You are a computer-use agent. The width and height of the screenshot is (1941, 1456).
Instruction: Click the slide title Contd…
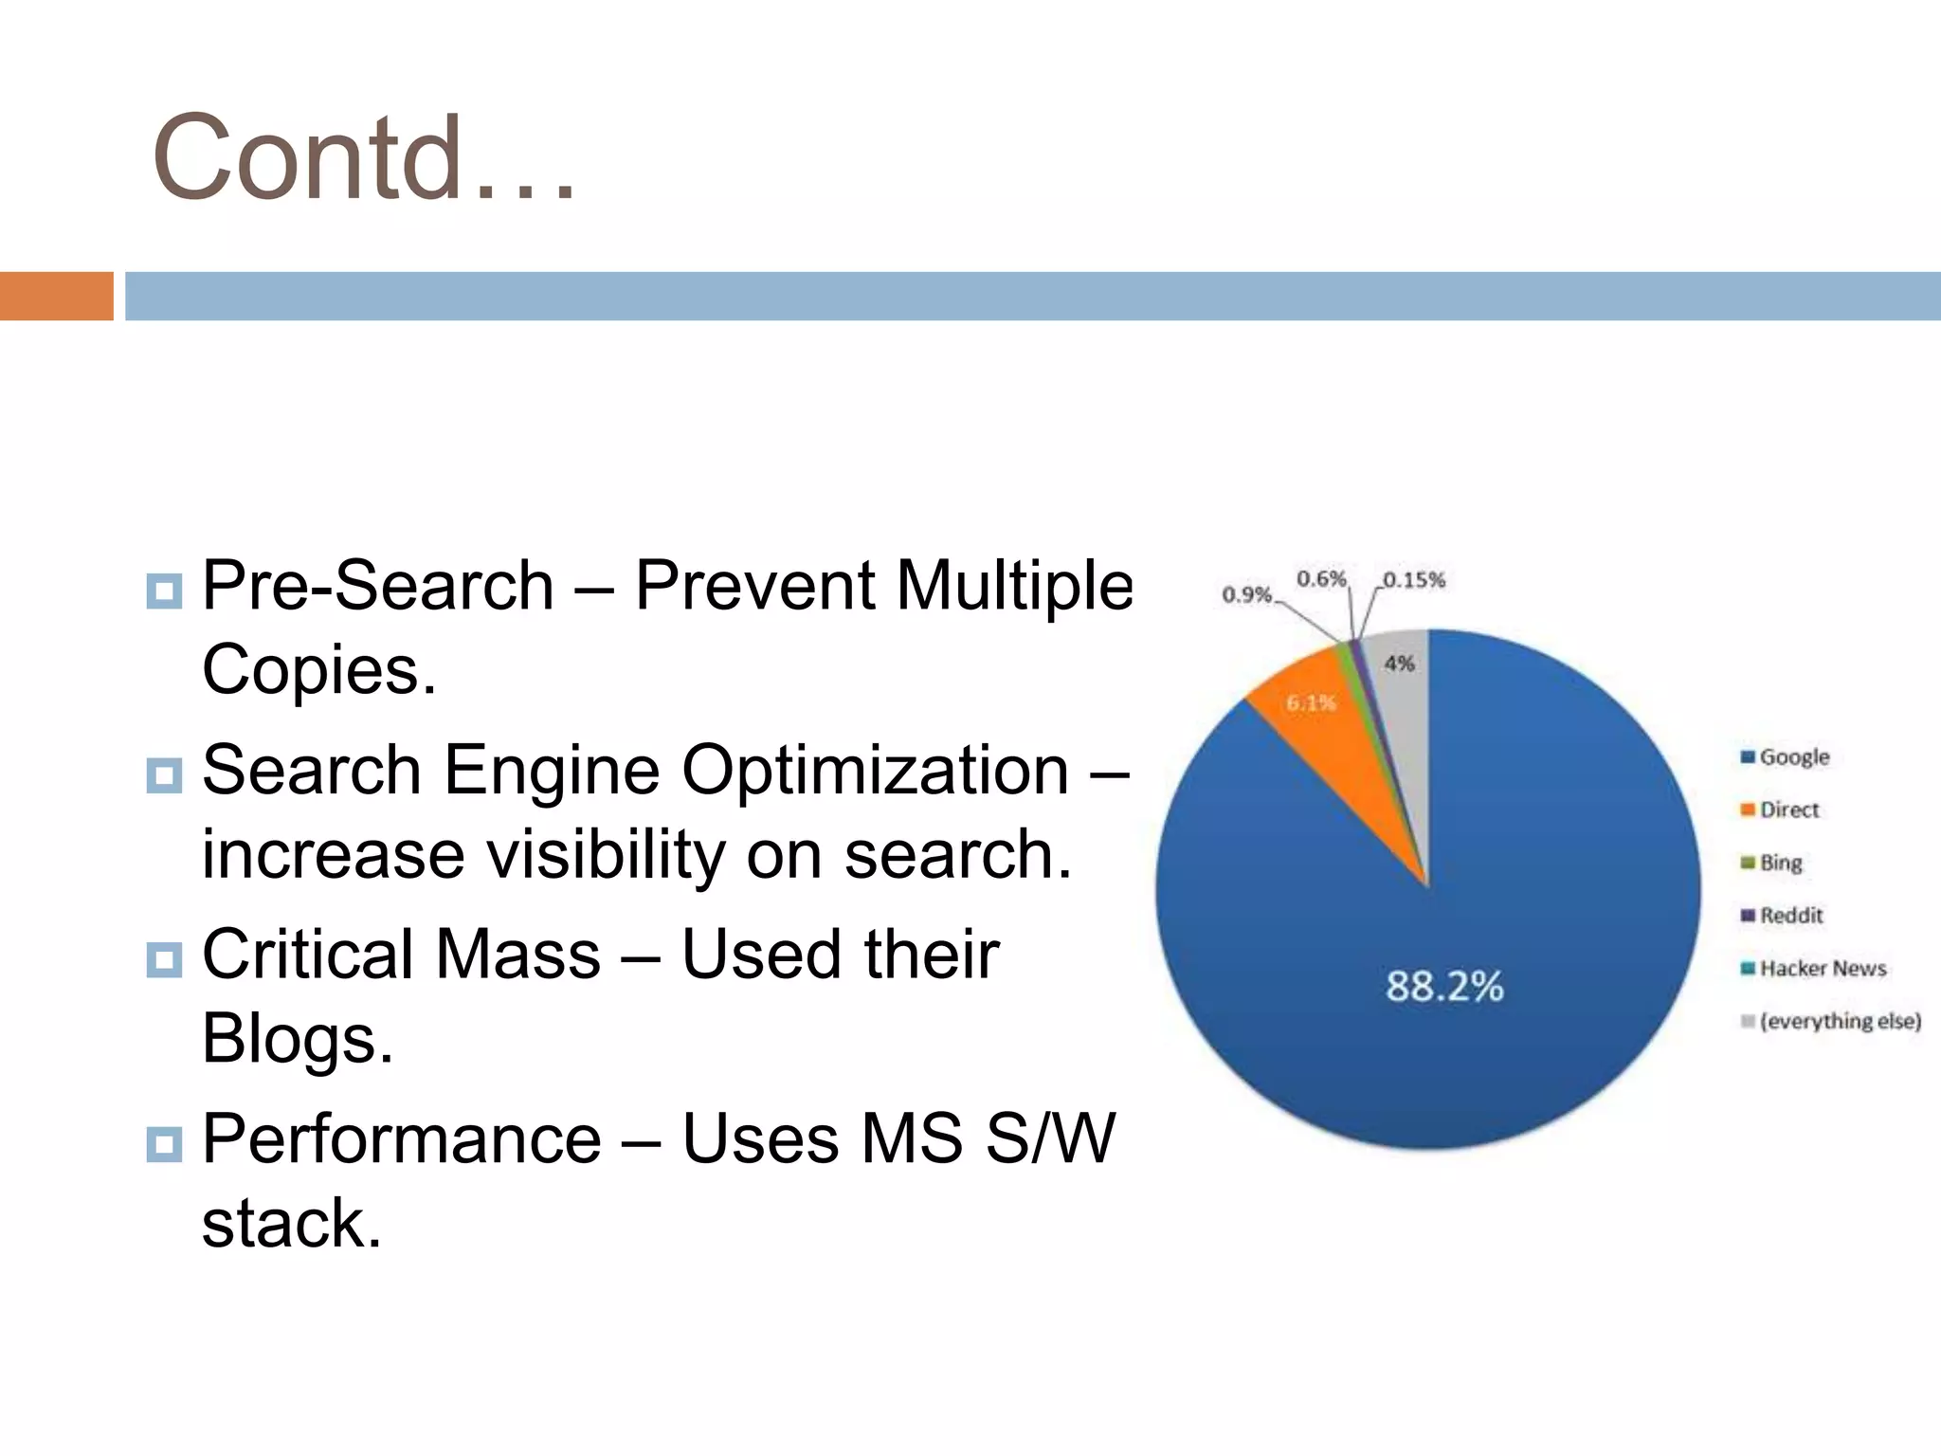click(365, 157)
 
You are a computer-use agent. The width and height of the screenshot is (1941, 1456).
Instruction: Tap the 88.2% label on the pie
click(1444, 986)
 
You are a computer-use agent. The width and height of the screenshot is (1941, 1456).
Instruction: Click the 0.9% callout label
click(1246, 594)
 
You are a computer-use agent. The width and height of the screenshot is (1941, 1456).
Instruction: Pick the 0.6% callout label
click(1321, 578)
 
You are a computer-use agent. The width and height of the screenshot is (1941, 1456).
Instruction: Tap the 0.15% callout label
click(1414, 579)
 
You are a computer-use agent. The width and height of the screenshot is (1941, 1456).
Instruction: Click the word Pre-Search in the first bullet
click(378, 586)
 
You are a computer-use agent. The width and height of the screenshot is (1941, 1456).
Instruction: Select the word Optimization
click(875, 770)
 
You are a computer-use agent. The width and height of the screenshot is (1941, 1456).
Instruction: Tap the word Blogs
click(297, 1039)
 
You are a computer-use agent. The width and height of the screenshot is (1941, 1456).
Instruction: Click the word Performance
click(402, 1138)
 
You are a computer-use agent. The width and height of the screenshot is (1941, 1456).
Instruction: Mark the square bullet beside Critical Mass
click(164, 959)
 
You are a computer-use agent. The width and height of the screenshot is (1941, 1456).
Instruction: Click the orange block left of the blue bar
click(56, 296)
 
